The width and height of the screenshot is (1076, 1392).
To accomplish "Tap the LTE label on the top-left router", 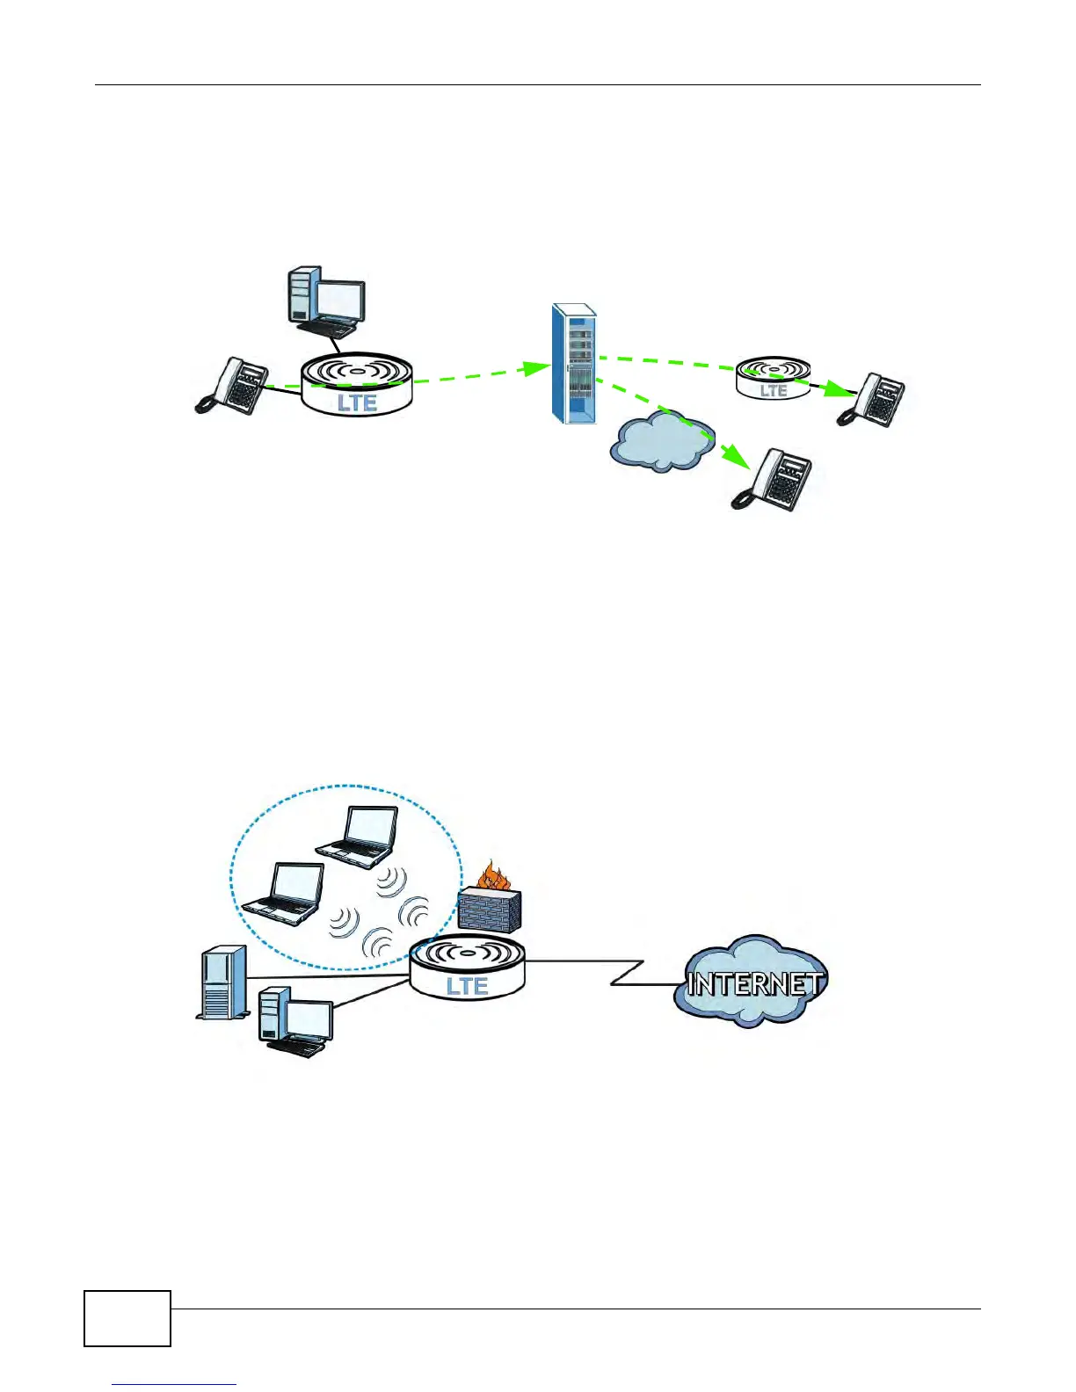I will (357, 403).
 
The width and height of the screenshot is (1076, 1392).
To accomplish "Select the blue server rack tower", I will (573, 363).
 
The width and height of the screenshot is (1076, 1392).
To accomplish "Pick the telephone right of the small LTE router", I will (871, 400).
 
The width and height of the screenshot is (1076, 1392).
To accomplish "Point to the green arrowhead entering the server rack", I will (536, 368).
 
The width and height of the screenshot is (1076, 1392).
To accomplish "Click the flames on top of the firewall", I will (493, 878).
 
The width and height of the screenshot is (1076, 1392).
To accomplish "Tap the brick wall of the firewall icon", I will (490, 910).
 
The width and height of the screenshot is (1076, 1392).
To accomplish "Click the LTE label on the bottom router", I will (467, 986).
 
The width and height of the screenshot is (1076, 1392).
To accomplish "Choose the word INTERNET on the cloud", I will (754, 983).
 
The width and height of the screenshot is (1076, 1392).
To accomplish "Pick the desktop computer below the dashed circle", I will (296, 1023).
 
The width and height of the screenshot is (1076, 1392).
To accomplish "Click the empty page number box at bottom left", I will (127, 1318).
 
